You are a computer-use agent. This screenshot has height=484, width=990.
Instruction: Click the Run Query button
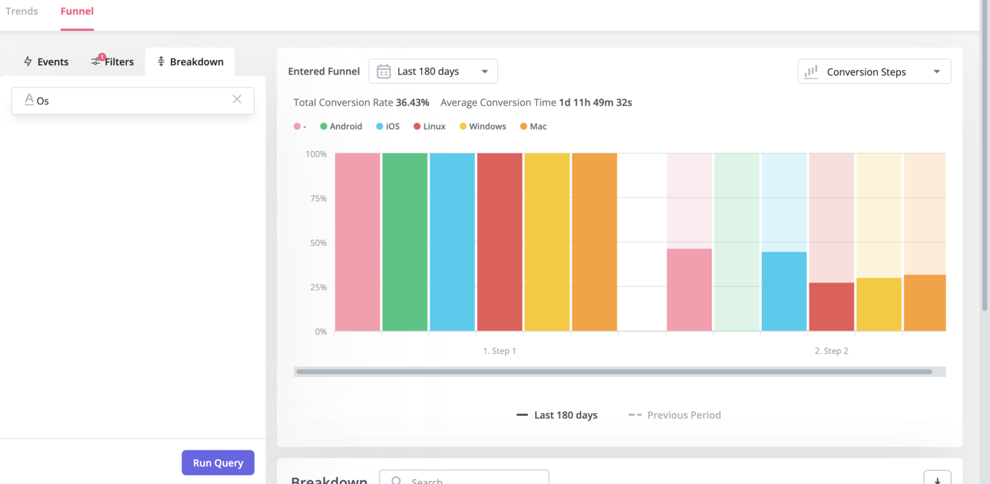[218, 463]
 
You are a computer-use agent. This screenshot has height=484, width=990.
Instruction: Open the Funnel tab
[77, 12]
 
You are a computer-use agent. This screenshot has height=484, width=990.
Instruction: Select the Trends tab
[22, 12]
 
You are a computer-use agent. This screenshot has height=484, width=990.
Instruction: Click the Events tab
[46, 62]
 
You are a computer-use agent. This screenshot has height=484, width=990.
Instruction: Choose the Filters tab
[113, 62]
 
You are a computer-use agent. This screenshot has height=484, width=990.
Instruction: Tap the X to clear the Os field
[237, 99]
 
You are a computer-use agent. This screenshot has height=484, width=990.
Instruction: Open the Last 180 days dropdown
[433, 72]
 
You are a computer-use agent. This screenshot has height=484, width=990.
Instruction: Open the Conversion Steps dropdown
[874, 72]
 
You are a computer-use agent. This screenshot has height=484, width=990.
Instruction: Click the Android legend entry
[341, 126]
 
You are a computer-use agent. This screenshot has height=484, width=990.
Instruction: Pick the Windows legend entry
[483, 126]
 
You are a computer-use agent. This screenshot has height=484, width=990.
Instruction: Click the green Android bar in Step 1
[405, 242]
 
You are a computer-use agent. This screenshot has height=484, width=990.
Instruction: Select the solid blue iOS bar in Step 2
[784, 291]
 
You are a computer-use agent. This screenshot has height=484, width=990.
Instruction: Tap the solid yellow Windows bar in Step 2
[878, 304]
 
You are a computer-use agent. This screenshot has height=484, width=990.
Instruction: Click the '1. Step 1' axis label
[500, 351]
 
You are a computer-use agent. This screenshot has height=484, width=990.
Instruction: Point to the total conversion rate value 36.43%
[412, 102]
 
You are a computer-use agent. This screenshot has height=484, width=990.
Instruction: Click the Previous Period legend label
[683, 415]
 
